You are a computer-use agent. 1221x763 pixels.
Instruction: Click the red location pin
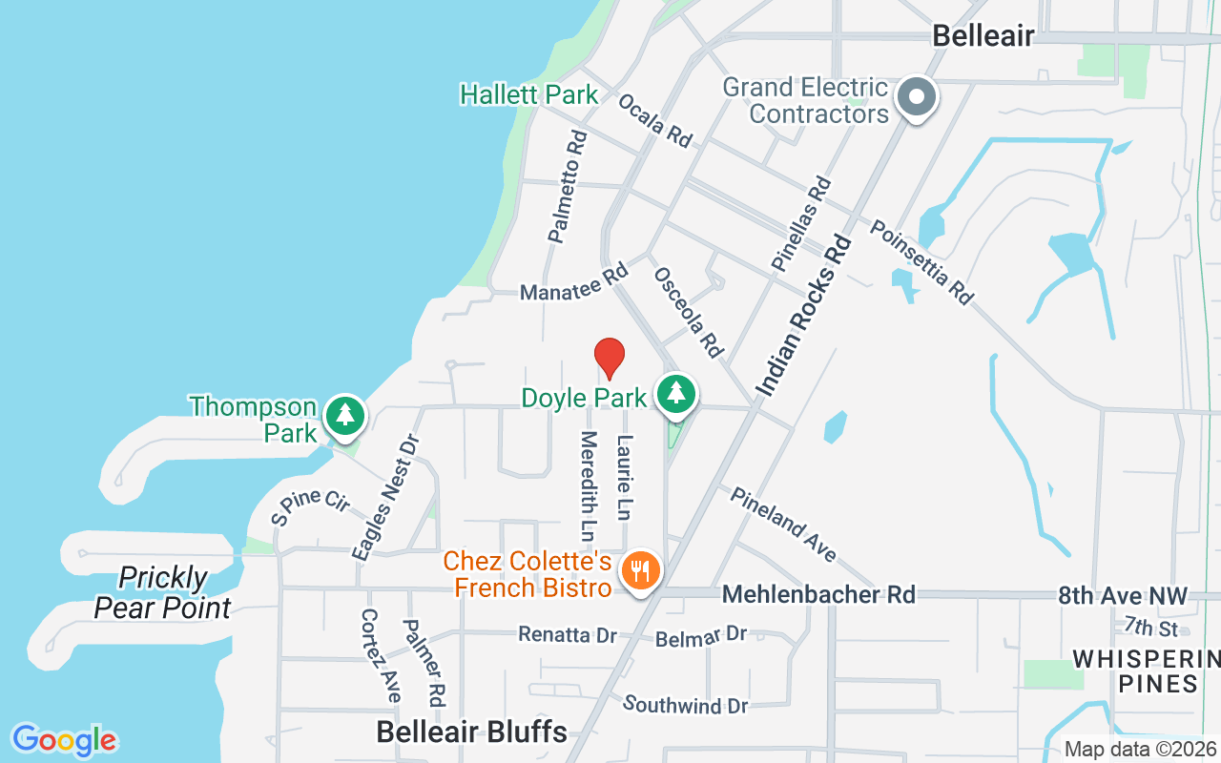click(x=610, y=358)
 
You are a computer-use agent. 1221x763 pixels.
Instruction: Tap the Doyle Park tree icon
click(x=676, y=392)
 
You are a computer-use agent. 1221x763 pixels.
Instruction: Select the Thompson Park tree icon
click(x=344, y=416)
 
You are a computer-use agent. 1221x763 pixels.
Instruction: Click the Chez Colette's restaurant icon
click(x=639, y=571)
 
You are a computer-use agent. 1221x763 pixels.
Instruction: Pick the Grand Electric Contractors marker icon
click(x=917, y=96)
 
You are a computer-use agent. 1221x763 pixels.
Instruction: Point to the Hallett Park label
click(x=528, y=95)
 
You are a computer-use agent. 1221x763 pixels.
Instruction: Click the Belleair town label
click(x=983, y=36)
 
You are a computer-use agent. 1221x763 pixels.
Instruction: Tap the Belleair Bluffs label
click(x=471, y=732)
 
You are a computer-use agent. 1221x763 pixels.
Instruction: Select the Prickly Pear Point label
click(x=163, y=592)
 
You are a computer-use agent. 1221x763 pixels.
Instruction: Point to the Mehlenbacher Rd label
click(x=818, y=595)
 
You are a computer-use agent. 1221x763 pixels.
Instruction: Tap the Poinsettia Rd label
click(x=921, y=262)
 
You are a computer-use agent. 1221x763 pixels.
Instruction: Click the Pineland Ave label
click(x=784, y=523)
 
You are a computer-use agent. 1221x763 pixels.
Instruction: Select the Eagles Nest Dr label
click(x=385, y=497)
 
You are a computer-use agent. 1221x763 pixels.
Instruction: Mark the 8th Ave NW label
click(x=1123, y=597)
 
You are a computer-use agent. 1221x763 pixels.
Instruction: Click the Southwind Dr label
click(x=685, y=706)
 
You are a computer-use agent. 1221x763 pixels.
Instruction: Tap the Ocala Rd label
click(x=654, y=120)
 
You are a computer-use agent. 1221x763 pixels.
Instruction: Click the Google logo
click(x=64, y=740)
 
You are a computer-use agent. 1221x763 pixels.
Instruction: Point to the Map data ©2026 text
click(x=1140, y=750)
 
